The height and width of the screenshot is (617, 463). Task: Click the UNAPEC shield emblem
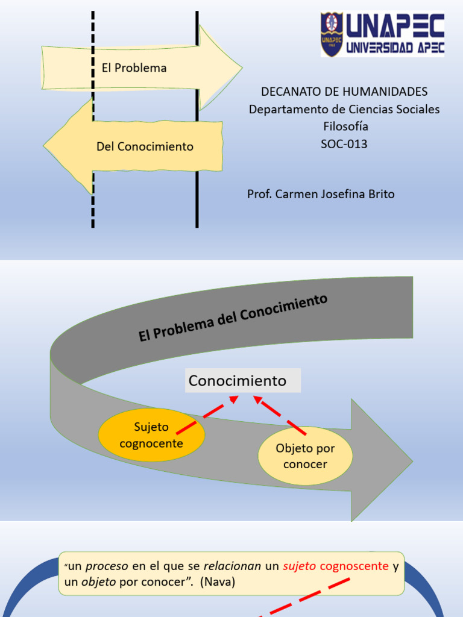(x=332, y=35)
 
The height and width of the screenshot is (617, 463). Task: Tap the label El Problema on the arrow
(x=134, y=68)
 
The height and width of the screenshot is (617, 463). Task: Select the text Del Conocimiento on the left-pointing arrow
(x=145, y=146)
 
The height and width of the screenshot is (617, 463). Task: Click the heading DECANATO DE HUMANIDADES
(x=344, y=92)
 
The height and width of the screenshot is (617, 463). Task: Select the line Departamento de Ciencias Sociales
(x=344, y=109)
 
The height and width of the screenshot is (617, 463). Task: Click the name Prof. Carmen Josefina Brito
(x=321, y=194)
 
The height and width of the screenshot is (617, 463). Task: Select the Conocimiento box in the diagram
(x=242, y=381)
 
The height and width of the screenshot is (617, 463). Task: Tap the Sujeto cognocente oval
(x=151, y=436)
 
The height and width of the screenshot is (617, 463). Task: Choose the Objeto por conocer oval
(x=305, y=456)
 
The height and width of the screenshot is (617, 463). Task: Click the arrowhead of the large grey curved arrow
(x=386, y=461)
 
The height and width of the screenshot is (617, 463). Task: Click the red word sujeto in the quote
(x=300, y=566)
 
